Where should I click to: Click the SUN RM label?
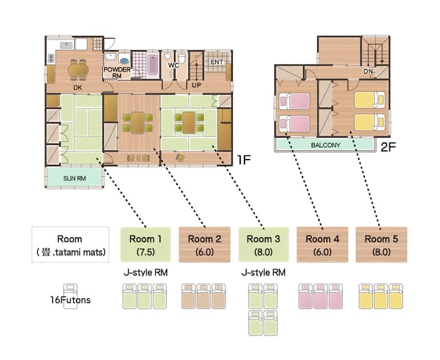(x=75, y=178)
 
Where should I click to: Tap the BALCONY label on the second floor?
(x=326, y=145)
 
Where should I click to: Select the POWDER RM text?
(x=117, y=72)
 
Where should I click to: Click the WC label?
(x=174, y=65)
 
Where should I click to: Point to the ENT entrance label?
(x=216, y=62)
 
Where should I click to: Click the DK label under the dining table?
(x=78, y=87)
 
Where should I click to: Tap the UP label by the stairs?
(x=196, y=85)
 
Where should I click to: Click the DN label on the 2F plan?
(x=368, y=72)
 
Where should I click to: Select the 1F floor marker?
(x=244, y=160)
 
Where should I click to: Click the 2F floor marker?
(x=388, y=147)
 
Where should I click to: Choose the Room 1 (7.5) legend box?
(x=145, y=244)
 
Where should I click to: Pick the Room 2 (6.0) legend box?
(x=205, y=244)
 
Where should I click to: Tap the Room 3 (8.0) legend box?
(x=263, y=244)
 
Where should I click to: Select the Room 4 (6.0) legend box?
(x=323, y=244)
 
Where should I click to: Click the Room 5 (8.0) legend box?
(x=381, y=244)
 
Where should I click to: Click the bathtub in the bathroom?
(x=153, y=65)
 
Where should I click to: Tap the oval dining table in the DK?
(x=78, y=70)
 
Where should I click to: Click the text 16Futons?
(x=70, y=300)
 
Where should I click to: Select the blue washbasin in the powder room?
(x=124, y=61)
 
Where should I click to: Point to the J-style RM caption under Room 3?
(x=263, y=273)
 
